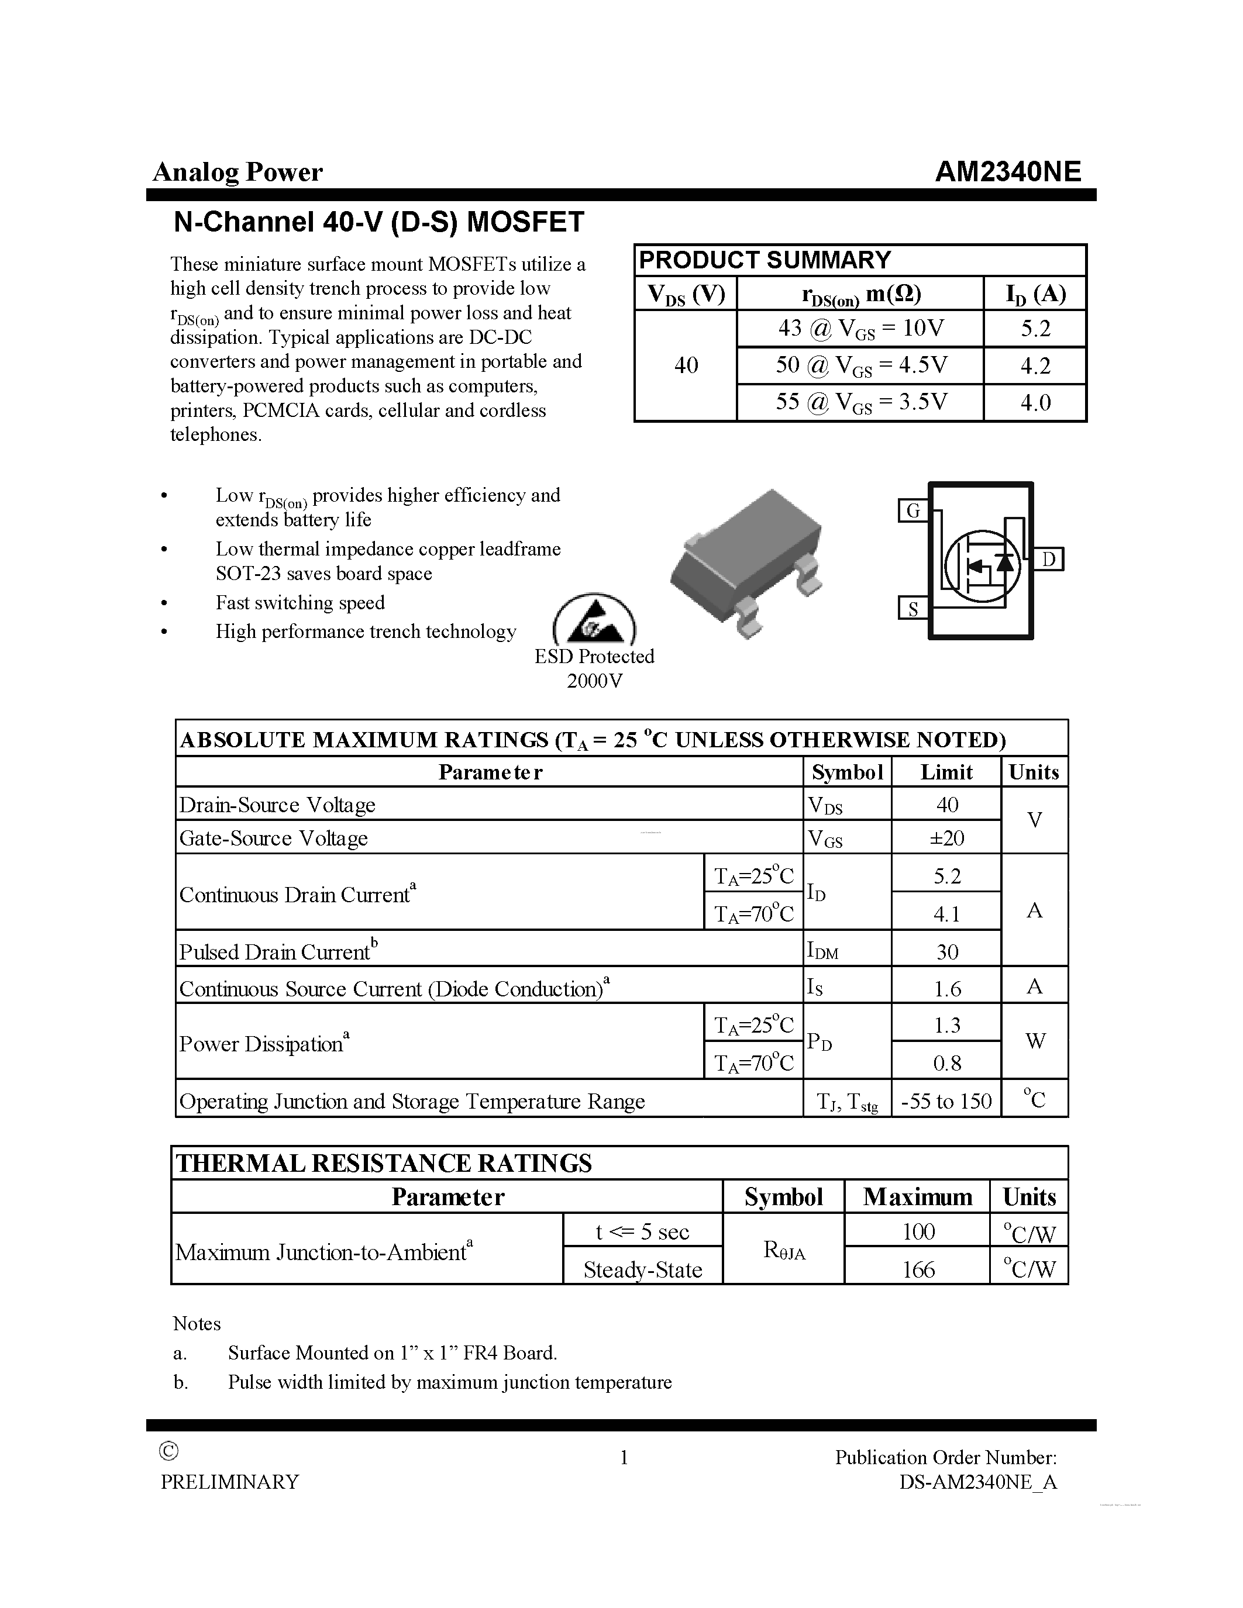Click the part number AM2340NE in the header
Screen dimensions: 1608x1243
1007,171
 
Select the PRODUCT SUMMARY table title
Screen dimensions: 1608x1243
765,260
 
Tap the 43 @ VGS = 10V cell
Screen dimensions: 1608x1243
860,329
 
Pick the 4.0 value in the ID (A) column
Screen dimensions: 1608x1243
1035,403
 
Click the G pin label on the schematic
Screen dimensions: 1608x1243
913,510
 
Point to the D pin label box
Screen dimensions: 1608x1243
1049,560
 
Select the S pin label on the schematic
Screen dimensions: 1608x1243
913,609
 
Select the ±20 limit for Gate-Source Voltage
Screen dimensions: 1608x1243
946,838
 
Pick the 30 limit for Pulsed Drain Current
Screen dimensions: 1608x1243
946,952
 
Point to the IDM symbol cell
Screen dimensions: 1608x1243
822,951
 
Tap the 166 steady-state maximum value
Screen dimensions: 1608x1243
918,1269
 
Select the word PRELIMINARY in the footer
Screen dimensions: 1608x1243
230,1481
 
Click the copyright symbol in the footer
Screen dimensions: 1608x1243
168,1451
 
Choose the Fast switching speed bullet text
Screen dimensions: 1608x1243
299,603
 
